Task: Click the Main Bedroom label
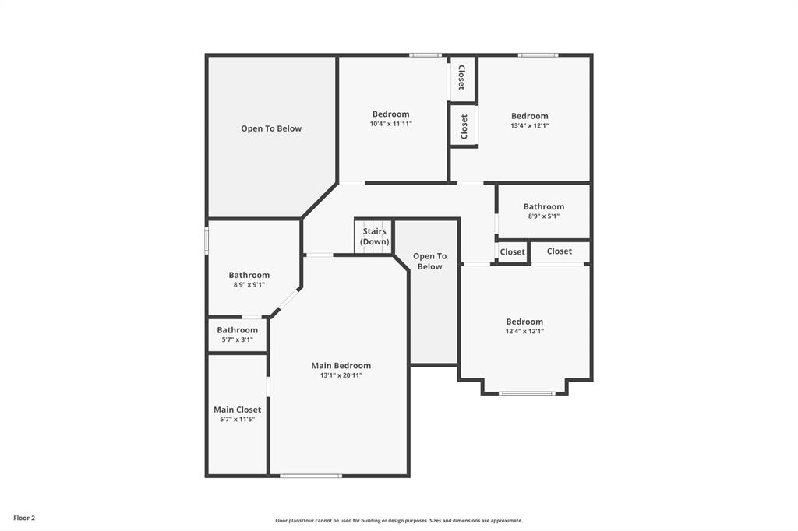point(341,365)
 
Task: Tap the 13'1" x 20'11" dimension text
point(341,375)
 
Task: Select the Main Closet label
point(237,410)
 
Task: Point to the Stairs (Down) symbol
point(374,237)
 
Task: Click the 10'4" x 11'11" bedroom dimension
point(390,124)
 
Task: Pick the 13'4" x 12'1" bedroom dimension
point(529,125)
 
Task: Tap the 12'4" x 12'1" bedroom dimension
point(524,331)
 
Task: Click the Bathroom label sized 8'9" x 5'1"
point(543,206)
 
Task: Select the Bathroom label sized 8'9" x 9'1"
point(249,275)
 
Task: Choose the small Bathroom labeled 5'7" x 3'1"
point(237,330)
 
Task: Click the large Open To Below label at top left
point(271,128)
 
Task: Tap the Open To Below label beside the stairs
point(429,261)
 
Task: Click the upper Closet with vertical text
point(461,78)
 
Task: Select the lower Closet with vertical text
point(464,126)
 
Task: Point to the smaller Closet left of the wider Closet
point(512,251)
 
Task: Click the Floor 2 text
point(24,518)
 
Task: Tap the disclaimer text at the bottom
point(398,521)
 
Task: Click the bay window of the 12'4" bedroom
point(527,393)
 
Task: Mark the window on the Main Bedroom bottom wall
point(311,476)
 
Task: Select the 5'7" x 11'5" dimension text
point(237,420)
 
